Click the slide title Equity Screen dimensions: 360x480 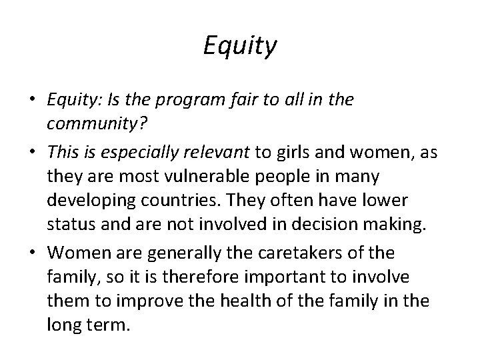(x=239, y=47)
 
